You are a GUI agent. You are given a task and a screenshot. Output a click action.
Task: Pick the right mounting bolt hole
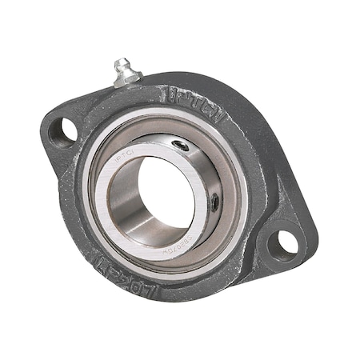(282, 243)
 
